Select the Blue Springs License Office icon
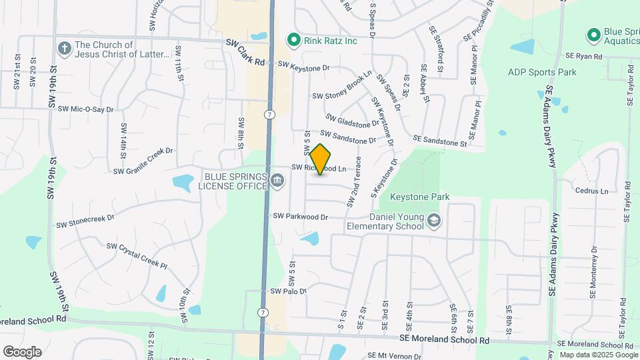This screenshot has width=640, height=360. [277, 179]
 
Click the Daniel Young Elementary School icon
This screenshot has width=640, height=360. [434, 221]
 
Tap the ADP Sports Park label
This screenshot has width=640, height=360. [541, 72]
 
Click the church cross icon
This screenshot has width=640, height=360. [64, 49]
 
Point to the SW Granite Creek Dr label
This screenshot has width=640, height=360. [143, 161]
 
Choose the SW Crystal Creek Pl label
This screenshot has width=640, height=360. [136, 255]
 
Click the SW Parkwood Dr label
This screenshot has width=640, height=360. [301, 217]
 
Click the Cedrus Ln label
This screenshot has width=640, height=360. [591, 191]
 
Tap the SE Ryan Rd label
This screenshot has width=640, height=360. [583, 57]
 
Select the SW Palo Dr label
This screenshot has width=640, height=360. [288, 291]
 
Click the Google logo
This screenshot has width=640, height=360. [22, 351]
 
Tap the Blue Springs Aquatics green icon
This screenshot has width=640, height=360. [593, 34]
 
